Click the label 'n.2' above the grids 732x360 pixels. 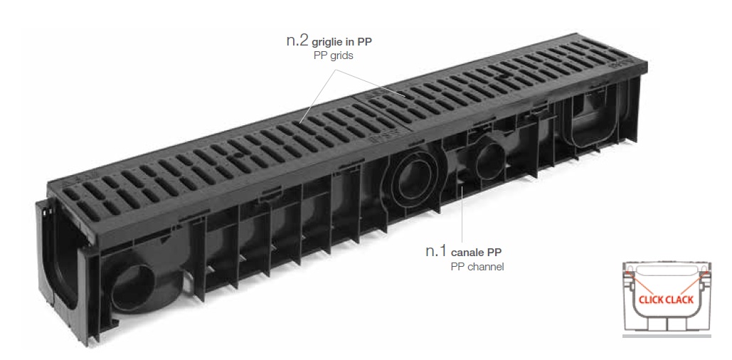pos(298,41)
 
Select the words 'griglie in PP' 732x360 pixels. pos(342,43)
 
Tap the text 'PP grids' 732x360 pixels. pos(333,55)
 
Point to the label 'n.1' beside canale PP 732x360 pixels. pos(436,251)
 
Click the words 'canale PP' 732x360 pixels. pos(482,253)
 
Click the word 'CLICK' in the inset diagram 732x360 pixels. pos(652,300)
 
